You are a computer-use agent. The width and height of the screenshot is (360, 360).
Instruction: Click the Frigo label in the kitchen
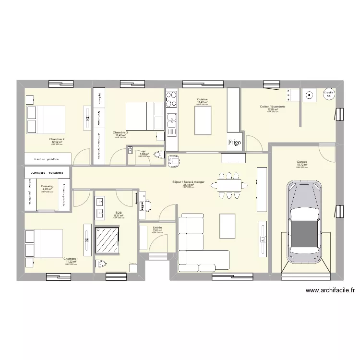[x=234, y=142]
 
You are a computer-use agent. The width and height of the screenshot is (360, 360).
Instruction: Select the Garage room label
[x=301, y=162]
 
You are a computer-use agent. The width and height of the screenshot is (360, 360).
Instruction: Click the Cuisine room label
[x=202, y=100]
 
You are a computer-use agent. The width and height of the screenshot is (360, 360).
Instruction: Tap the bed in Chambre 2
[x=46, y=119]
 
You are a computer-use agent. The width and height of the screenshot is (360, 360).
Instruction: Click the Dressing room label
[x=47, y=186]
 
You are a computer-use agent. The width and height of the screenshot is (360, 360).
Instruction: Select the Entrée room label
[x=157, y=228]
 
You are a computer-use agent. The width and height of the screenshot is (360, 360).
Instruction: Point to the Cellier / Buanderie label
[x=273, y=107]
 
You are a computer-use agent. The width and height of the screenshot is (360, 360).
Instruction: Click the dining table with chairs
[x=229, y=185]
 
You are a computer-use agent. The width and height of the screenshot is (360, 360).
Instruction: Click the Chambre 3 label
[x=120, y=132]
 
